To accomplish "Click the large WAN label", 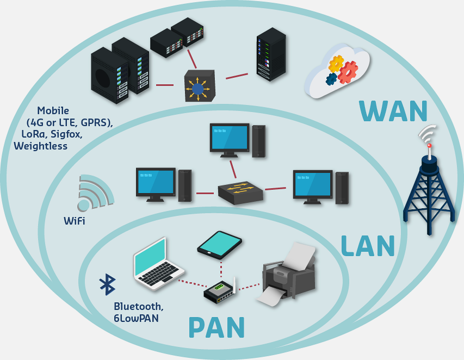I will pyautogui.click(x=393, y=110).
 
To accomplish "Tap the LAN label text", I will pyautogui.click(x=367, y=246).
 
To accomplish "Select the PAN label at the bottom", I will pyautogui.click(x=216, y=327).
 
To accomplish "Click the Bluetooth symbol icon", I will pyautogui.click(x=107, y=284).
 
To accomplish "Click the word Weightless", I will pyautogui.click(x=41, y=146).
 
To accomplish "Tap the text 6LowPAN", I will pyautogui.click(x=136, y=318).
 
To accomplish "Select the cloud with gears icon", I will pyautogui.click(x=338, y=71).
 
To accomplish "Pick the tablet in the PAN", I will pyautogui.click(x=220, y=244).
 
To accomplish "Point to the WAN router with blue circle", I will pyautogui.click(x=199, y=86).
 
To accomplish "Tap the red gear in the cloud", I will pyautogui.click(x=347, y=72).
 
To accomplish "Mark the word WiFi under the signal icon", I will pyautogui.click(x=75, y=221).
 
